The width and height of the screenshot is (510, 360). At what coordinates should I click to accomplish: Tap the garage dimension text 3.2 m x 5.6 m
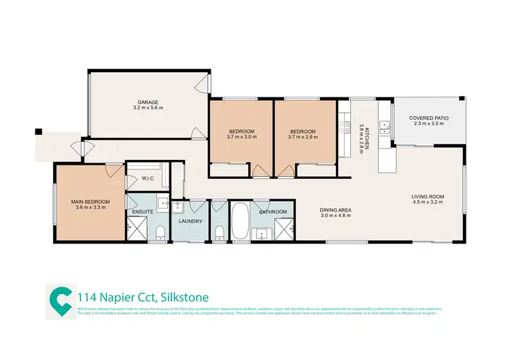(148, 108)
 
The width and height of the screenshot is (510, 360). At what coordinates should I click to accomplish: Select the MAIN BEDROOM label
(90, 202)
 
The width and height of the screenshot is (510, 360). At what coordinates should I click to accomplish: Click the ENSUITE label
(141, 212)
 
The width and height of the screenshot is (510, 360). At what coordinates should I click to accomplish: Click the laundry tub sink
(177, 208)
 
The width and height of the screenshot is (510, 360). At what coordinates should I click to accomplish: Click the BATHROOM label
(273, 212)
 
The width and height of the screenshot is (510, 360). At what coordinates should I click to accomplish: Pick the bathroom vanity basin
(262, 235)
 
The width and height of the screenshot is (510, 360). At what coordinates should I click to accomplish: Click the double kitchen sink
(386, 125)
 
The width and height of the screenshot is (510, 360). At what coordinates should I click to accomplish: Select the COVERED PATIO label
(428, 118)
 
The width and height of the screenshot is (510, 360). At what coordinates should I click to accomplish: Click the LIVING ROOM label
(427, 197)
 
